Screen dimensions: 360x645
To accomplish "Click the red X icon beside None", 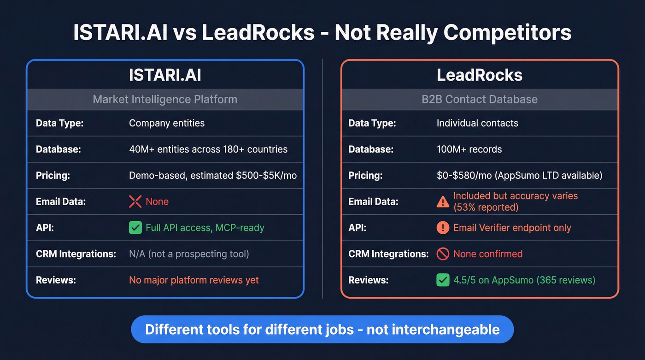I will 135,201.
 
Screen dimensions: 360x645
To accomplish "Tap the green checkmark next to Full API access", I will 135,228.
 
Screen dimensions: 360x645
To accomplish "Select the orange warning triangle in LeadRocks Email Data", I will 443,201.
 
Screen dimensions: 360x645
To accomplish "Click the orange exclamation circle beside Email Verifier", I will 443,228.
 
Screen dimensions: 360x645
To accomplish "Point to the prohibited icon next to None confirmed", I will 443,254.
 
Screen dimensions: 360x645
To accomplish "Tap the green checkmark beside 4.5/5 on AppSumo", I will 443,280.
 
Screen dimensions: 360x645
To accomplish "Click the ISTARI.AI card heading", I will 165,75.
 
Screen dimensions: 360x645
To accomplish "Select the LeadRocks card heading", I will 480,75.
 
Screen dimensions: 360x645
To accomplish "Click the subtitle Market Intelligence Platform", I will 165,99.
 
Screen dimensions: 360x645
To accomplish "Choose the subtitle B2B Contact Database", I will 480,99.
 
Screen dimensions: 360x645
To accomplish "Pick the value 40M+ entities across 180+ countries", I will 208,149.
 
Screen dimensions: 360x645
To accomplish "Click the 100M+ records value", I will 469,149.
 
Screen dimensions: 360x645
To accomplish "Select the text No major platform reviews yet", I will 194,280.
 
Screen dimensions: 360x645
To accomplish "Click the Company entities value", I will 167,123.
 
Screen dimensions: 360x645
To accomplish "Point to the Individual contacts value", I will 477,123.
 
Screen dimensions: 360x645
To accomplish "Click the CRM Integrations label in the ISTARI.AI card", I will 76,254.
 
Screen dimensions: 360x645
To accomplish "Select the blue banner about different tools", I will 322,329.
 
